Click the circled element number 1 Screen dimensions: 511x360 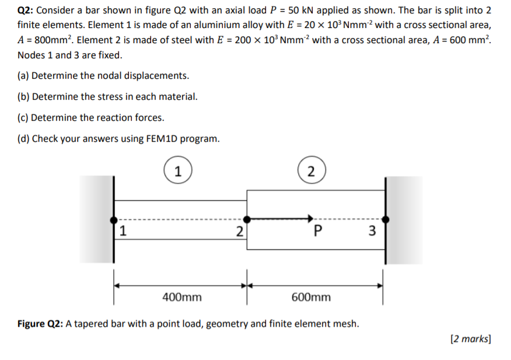[x=178, y=171]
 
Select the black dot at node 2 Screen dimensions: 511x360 [x=247, y=219]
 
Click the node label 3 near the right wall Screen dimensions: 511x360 [x=373, y=231]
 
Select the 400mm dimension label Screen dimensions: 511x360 [x=181, y=297]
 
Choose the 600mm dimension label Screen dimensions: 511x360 [x=310, y=297]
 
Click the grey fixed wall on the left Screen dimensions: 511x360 [x=96, y=219]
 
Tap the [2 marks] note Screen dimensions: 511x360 [x=471, y=338]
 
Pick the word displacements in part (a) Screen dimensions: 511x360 [x=157, y=76]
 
